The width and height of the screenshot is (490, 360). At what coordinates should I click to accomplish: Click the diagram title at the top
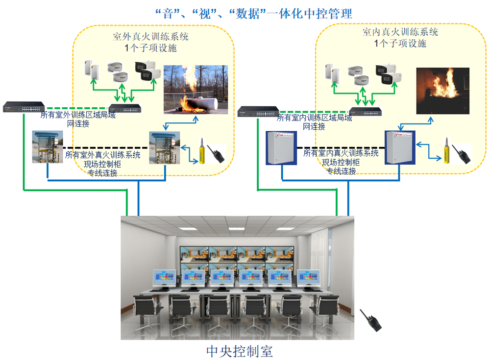point(254,14)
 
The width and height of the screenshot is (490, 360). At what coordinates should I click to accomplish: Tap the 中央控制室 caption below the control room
point(240,351)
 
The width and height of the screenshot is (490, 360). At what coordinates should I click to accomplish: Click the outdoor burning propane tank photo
point(196,89)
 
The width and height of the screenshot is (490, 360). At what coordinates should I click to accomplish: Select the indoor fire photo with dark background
point(443,91)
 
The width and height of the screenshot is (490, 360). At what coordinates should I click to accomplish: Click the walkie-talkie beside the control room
point(370,320)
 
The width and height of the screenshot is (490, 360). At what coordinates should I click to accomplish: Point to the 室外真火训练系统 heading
point(150,37)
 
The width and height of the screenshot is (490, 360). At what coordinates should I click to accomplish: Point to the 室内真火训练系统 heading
point(400,32)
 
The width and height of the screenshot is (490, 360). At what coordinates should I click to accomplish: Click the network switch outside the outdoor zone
point(24,107)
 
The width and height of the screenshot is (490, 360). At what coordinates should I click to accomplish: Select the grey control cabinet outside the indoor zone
point(281,148)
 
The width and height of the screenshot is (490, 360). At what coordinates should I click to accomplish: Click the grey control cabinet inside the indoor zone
point(400,147)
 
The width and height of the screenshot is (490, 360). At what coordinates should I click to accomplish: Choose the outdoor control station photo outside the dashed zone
point(48,147)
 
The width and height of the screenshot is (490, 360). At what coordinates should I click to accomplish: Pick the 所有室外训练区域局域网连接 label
point(78,120)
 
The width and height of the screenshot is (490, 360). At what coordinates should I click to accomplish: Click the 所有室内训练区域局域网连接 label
point(315,122)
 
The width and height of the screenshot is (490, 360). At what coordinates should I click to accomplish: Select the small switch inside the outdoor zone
point(125,108)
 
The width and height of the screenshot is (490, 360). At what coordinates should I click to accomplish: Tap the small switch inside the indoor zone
point(366,112)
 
